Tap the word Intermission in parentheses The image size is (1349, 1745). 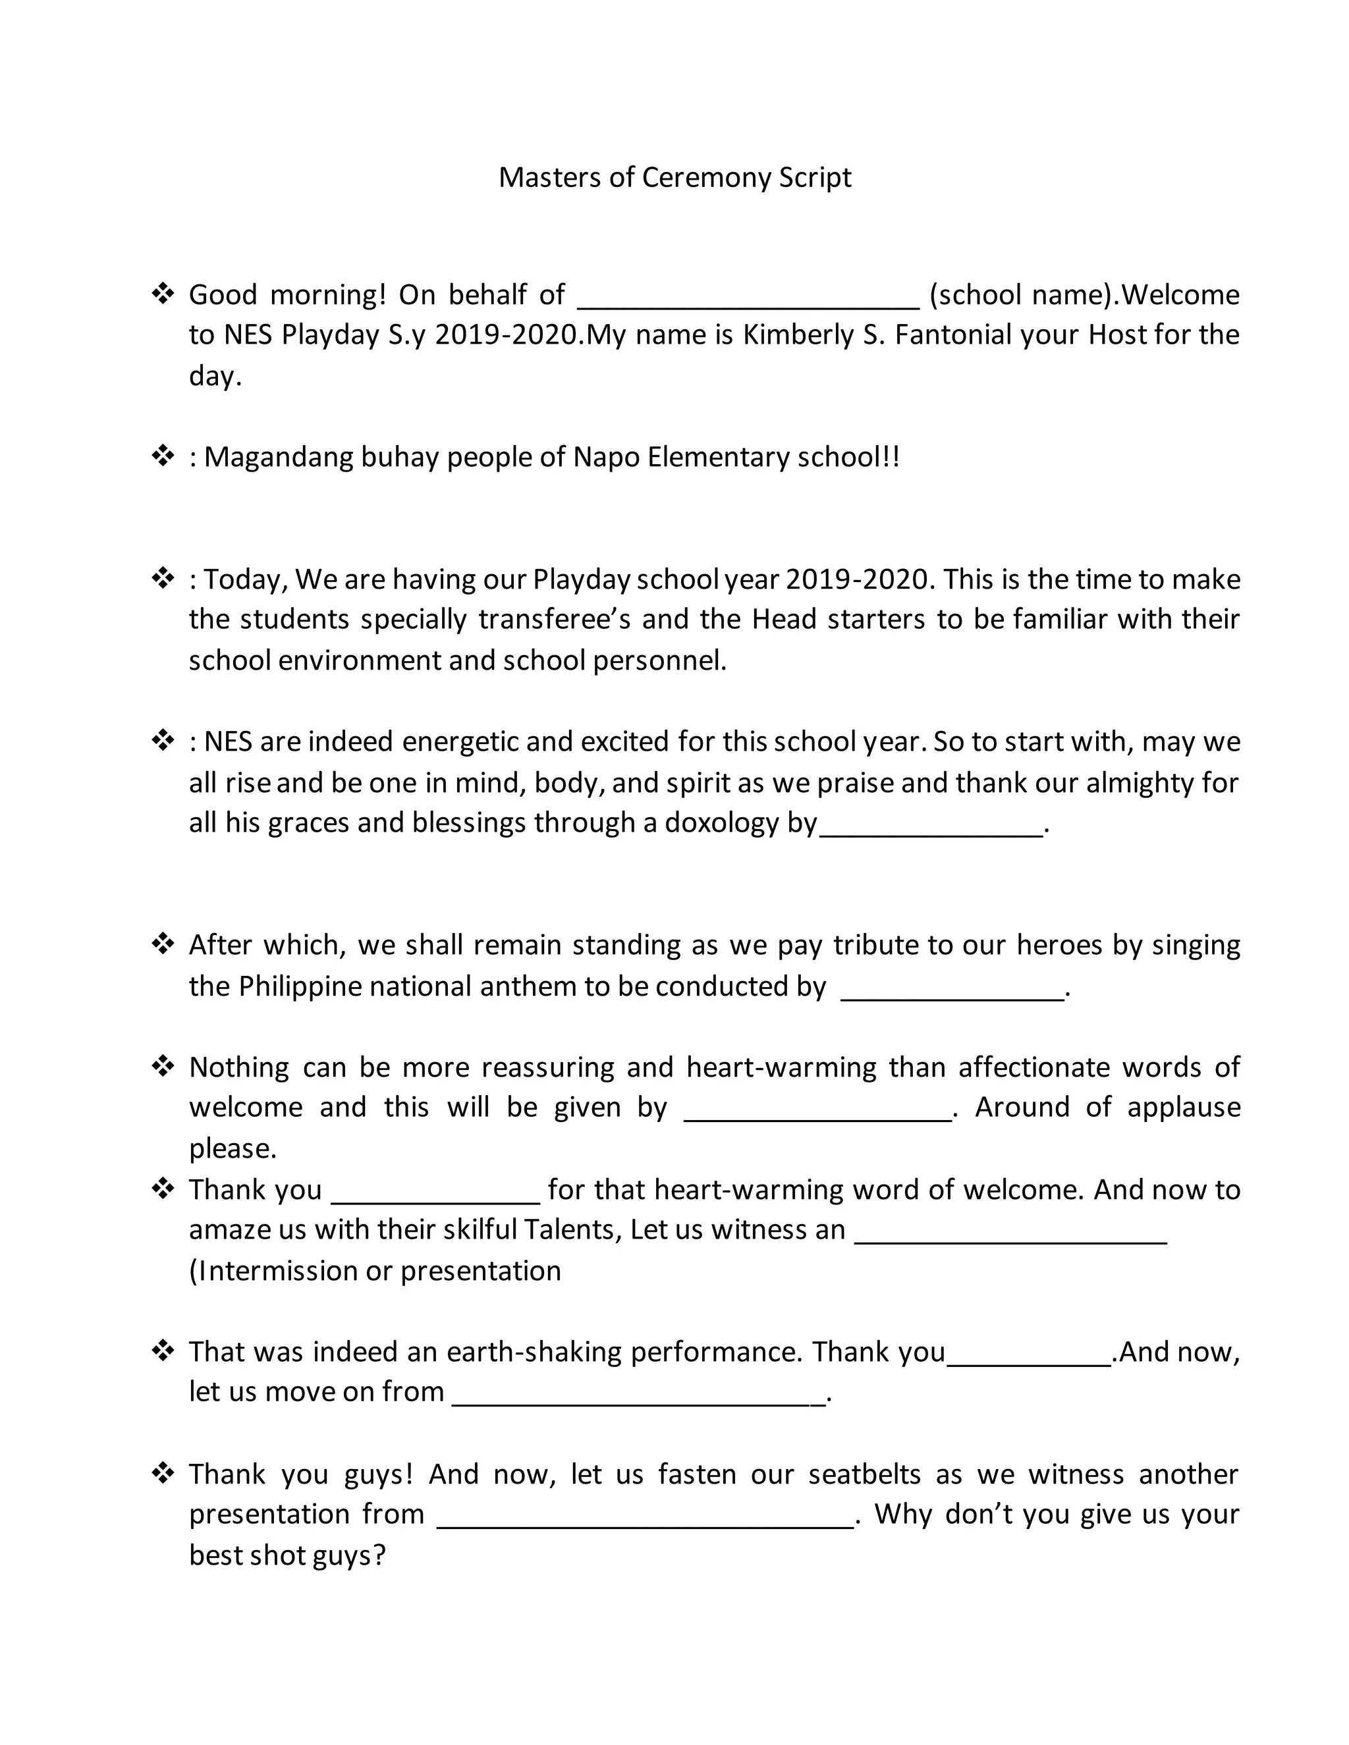pyautogui.click(x=277, y=1270)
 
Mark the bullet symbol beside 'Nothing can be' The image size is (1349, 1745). pyautogui.click(x=163, y=1066)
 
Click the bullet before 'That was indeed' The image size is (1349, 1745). pyautogui.click(x=163, y=1351)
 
